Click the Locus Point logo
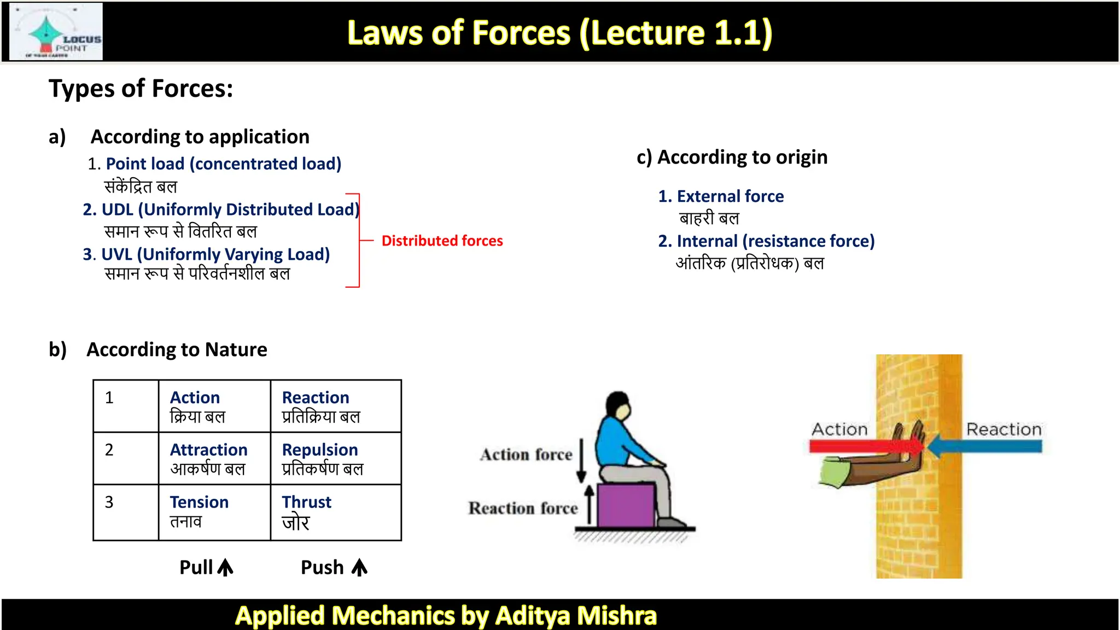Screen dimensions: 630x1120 coord(57,32)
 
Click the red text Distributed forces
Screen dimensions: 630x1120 coord(442,241)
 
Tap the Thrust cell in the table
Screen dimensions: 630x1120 coord(336,512)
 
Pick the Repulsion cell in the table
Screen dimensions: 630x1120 coord(336,458)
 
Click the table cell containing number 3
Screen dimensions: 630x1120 coord(126,512)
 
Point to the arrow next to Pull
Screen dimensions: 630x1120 coord(225,568)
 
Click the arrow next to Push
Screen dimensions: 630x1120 coord(359,568)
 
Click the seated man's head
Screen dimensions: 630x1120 coord(619,405)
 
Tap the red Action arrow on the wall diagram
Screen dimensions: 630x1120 coord(853,446)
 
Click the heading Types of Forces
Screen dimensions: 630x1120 coord(141,89)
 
